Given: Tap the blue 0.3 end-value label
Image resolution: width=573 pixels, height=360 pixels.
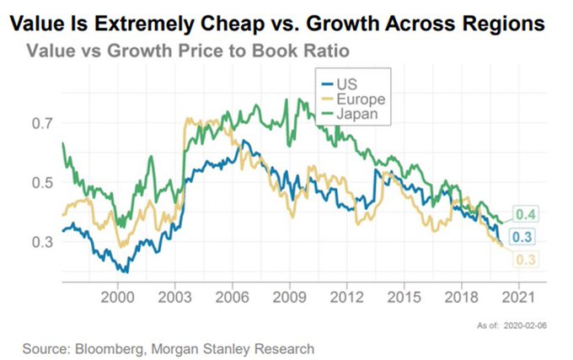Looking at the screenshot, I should tap(527, 235).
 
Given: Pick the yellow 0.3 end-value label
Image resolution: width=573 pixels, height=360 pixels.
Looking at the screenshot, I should tap(527, 259).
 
